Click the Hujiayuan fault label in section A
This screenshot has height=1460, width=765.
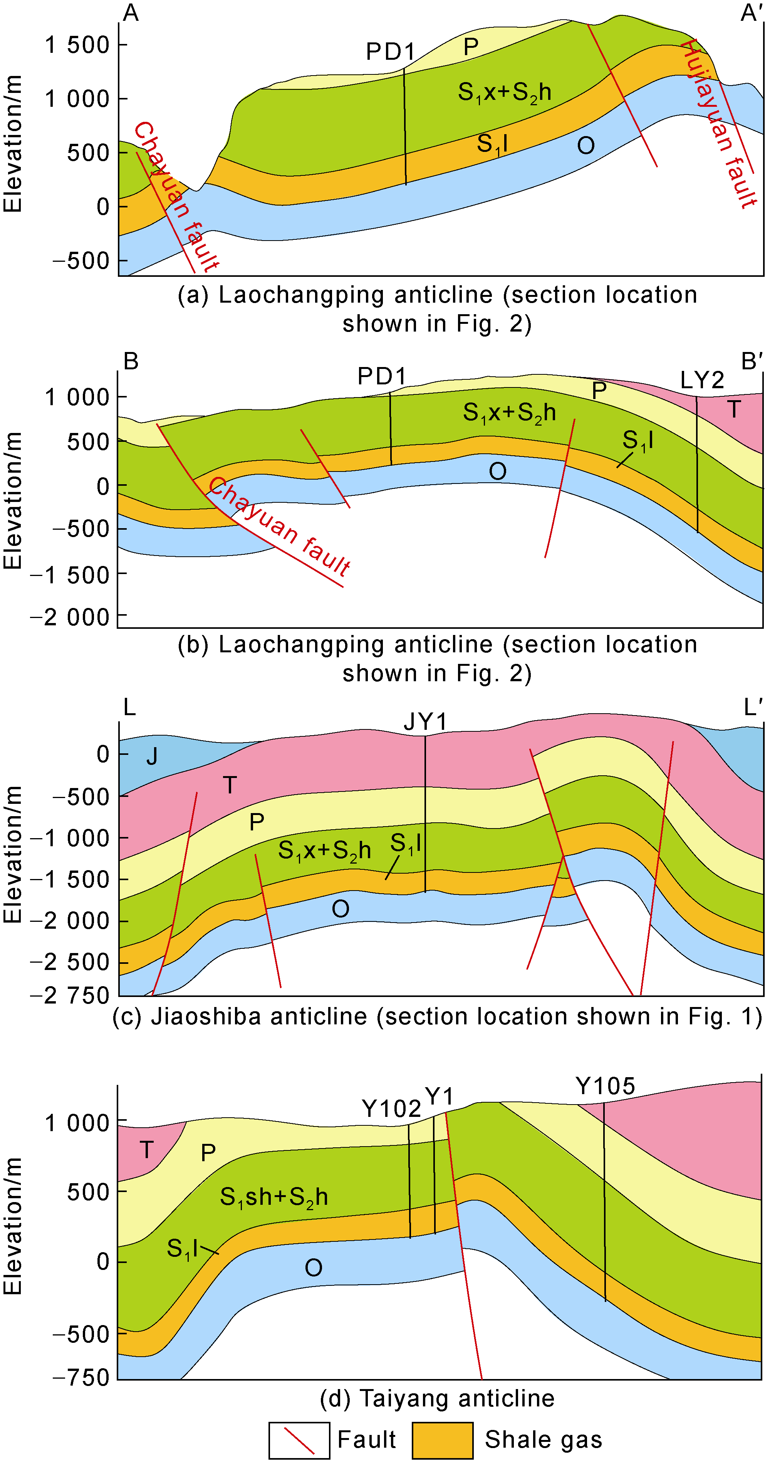pyautogui.click(x=719, y=125)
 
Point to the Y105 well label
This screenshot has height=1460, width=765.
pyautogui.click(x=605, y=1086)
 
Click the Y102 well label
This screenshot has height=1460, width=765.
pyautogui.click(x=391, y=1108)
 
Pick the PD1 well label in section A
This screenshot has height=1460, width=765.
pyautogui.click(x=390, y=52)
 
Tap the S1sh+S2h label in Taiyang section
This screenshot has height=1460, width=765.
pyautogui.click(x=274, y=1196)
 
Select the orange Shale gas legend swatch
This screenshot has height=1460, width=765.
pyautogui.click(x=442, y=1440)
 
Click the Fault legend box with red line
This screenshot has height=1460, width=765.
pyautogui.click(x=299, y=1440)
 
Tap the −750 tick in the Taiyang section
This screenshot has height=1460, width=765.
pyautogui.click(x=81, y=1377)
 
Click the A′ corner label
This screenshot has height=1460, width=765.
pyautogui.click(x=752, y=12)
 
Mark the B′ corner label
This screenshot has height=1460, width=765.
pyautogui.click(x=752, y=361)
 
